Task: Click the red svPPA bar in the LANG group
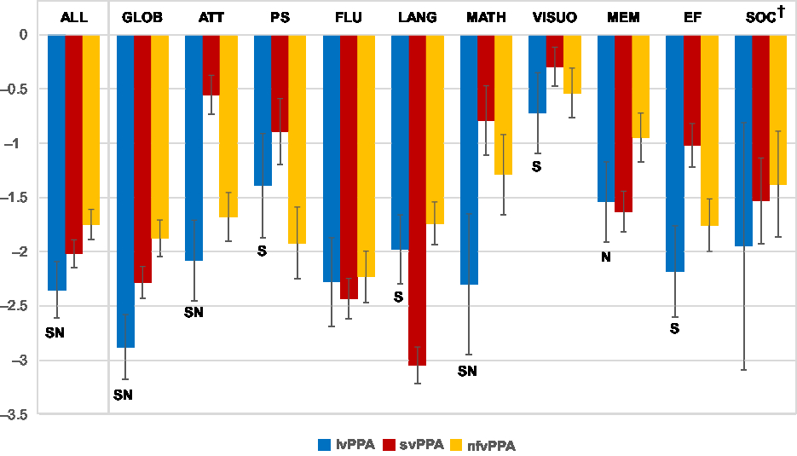click(x=417, y=200)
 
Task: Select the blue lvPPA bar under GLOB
click(x=125, y=192)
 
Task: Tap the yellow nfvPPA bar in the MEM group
click(x=640, y=86)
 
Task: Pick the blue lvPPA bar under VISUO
click(x=537, y=74)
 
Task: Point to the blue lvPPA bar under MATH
click(x=469, y=159)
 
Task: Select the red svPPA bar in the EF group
click(x=691, y=90)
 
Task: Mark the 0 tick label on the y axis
click(x=24, y=35)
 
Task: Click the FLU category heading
click(x=347, y=17)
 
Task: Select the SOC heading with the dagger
click(x=764, y=16)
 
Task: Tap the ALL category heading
click(x=73, y=17)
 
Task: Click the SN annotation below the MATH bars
click(x=467, y=371)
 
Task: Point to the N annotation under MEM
click(x=606, y=257)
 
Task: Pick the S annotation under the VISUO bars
click(x=536, y=166)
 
